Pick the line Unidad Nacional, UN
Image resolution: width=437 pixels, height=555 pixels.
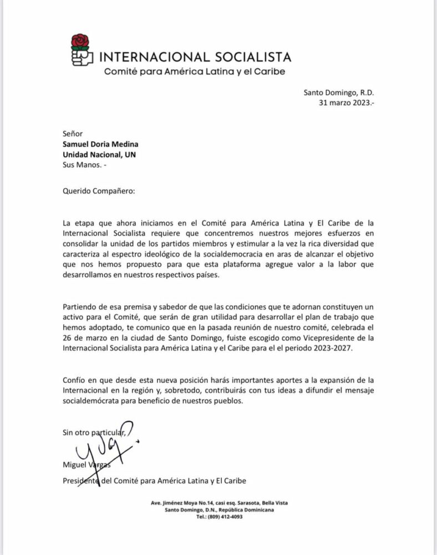pos(98,155)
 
